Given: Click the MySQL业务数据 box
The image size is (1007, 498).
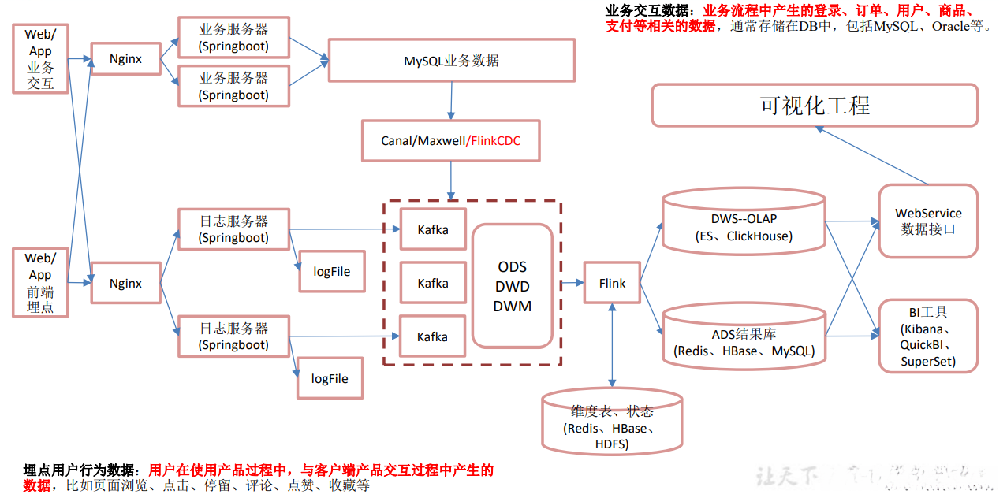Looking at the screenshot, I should (451, 61).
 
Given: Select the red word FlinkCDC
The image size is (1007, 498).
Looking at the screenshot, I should (494, 141).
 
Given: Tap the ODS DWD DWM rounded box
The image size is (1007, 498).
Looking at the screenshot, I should (512, 286).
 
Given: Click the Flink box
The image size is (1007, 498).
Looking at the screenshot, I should (611, 283).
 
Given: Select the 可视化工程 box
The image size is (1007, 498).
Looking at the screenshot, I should (815, 106).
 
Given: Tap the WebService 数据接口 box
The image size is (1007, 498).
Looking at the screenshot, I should (928, 221).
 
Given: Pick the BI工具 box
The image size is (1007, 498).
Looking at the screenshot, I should (928, 336).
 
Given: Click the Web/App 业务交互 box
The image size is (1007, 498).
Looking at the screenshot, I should (40, 58).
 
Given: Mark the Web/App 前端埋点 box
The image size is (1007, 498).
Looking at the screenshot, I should (40, 283).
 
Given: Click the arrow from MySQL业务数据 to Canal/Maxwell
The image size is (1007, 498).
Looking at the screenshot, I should (451, 100).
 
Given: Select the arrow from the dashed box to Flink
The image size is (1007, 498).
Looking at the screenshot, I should (572, 283).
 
